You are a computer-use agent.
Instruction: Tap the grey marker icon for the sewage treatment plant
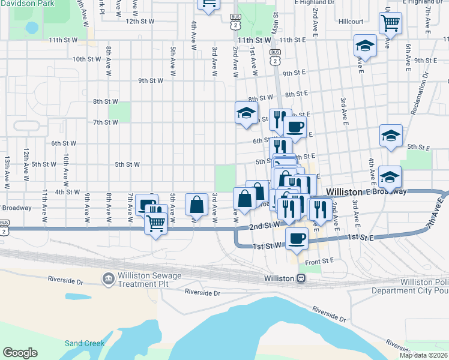click(109, 278)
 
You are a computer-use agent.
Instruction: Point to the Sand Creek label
click(85, 344)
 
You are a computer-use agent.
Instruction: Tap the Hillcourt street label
click(351, 21)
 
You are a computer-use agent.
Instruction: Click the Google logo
click(20, 353)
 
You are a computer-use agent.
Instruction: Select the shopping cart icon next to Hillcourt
click(390, 23)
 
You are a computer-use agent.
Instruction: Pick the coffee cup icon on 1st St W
click(296, 239)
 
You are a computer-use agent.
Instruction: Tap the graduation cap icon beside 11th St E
click(364, 45)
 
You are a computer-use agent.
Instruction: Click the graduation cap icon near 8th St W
click(246, 112)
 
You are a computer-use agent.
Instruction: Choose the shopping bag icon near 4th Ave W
click(197, 204)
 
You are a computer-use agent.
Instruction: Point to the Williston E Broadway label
click(366, 192)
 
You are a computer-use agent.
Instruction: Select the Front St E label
click(319, 261)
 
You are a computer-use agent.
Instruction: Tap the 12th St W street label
click(140, 21)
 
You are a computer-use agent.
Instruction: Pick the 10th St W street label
click(86, 59)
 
